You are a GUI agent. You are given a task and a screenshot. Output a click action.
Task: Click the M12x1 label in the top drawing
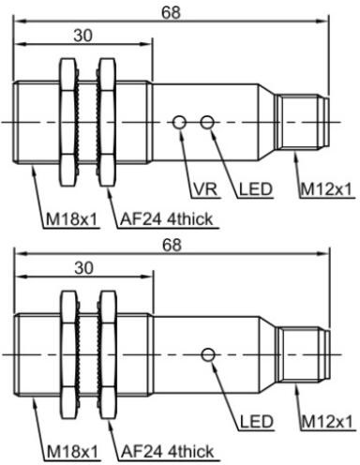point(326,189)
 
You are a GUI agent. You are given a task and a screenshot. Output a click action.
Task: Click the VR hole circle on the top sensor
point(180,121)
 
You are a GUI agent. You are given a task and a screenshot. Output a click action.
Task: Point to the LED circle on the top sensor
point(207,121)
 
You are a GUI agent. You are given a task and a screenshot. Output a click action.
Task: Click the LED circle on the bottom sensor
point(208,353)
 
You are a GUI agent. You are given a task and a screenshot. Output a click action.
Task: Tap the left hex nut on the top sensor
point(67,121)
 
